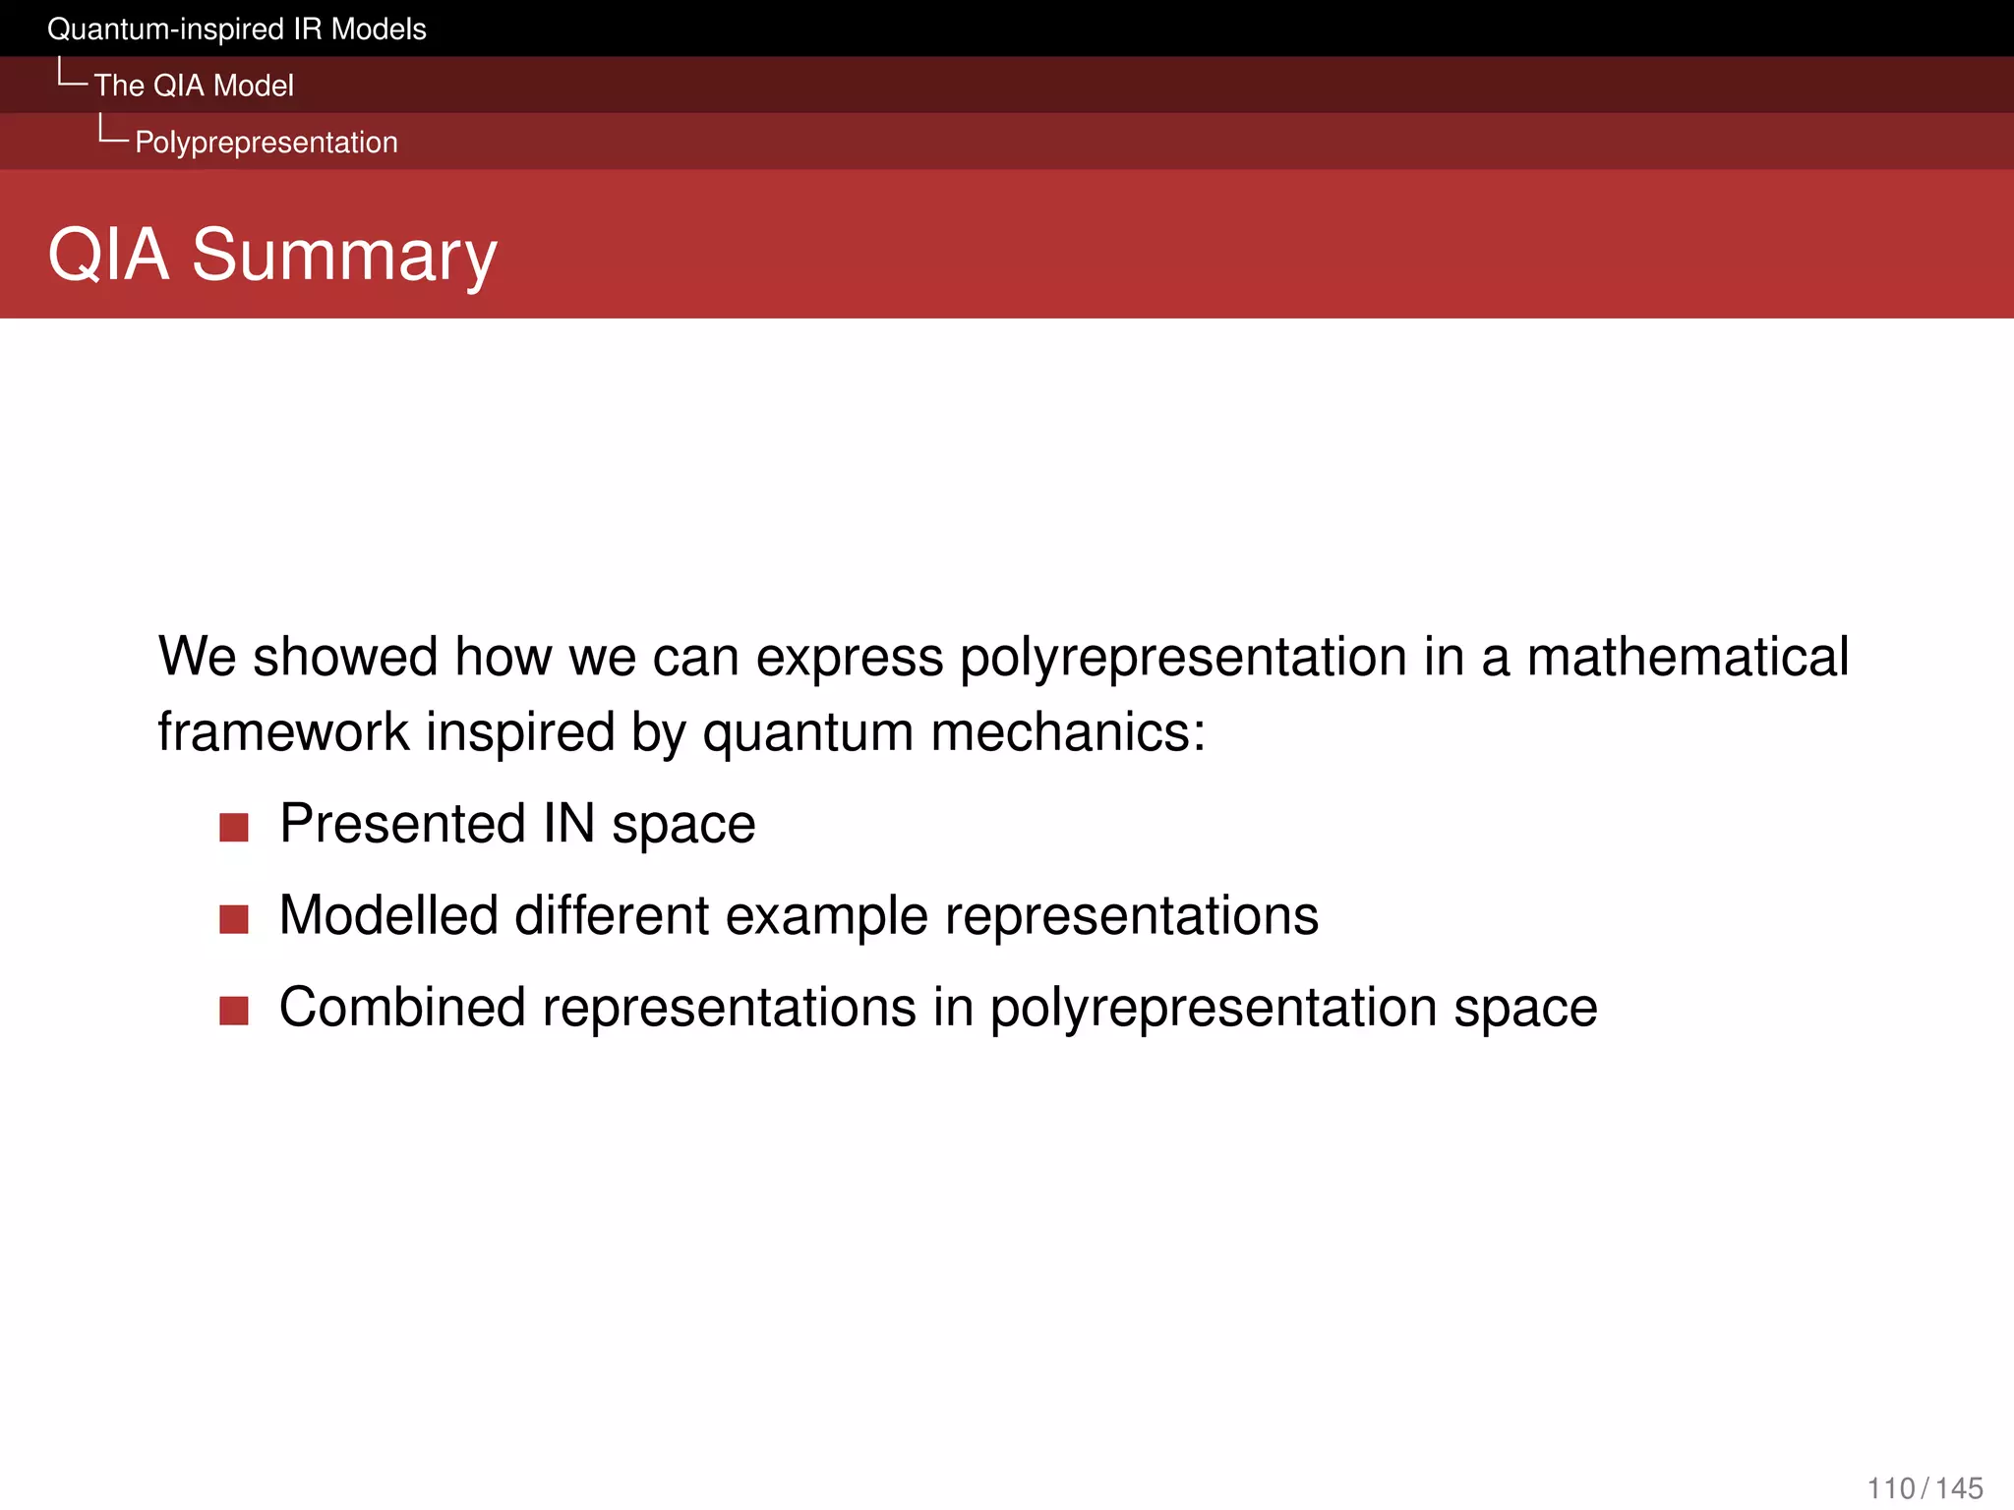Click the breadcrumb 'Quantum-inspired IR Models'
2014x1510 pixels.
click(236, 29)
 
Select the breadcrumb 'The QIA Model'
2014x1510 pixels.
click(194, 86)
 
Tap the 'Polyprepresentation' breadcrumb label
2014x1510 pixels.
click(266, 143)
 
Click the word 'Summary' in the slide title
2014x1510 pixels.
click(344, 256)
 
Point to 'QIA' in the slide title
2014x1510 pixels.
click(108, 256)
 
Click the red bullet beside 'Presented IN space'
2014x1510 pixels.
click(234, 827)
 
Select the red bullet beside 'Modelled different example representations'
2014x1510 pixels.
click(234, 919)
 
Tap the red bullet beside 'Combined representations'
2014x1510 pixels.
click(234, 1011)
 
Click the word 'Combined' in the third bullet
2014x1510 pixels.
click(402, 1008)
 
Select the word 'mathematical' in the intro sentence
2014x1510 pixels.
click(1688, 657)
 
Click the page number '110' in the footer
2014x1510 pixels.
click(1891, 1488)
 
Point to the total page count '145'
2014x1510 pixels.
click(1959, 1488)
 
